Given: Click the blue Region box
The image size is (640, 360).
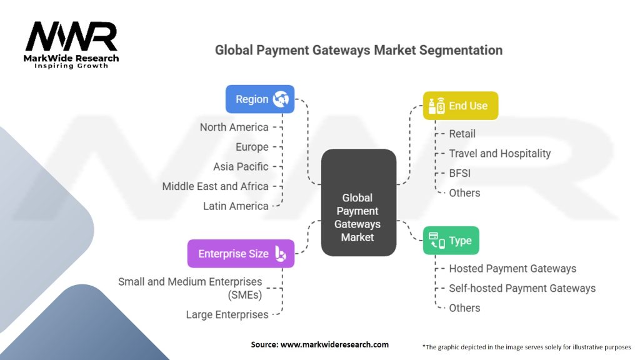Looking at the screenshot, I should click(x=259, y=99).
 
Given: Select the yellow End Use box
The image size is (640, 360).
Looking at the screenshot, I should click(x=461, y=106).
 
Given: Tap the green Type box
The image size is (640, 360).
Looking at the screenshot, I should click(x=451, y=241).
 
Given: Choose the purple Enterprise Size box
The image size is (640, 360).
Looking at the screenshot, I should click(x=241, y=254).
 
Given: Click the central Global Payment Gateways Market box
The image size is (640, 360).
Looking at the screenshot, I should click(x=358, y=202).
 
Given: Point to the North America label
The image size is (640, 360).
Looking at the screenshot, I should click(x=234, y=127).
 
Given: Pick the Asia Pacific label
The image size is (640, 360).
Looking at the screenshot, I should click(x=241, y=167).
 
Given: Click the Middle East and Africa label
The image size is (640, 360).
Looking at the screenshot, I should click(x=215, y=186).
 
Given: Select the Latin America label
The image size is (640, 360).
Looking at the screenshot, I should click(x=236, y=206).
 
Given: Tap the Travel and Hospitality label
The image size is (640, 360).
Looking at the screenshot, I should click(x=500, y=153).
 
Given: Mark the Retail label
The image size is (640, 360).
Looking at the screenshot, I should click(x=462, y=134).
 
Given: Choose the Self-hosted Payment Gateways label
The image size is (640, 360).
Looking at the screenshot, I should click(x=522, y=288).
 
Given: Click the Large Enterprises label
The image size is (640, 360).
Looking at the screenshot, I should click(x=227, y=314).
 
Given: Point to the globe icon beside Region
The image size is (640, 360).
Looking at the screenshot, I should click(x=280, y=99).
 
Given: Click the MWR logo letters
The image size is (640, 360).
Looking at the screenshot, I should click(x=71, y=37).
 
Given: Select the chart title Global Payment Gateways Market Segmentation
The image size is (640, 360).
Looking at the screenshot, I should click(x=358, y=50).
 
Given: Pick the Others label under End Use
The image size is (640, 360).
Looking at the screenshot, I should click(x=464, y=193).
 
